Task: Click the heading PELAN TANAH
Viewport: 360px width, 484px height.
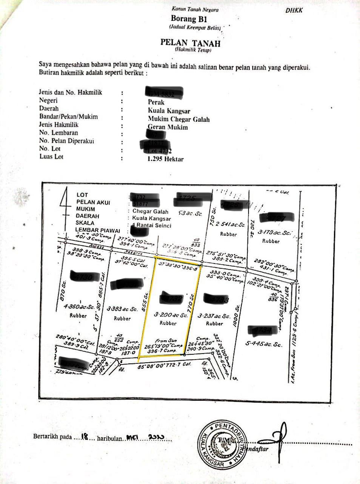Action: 190,42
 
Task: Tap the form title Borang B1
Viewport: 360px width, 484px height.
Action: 189,19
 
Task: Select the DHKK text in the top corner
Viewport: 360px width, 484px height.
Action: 294,10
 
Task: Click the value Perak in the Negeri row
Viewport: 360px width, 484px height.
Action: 156,102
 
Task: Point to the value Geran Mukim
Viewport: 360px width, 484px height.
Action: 167,127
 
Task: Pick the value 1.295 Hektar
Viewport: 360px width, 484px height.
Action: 165,159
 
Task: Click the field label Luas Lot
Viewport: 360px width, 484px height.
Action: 51,157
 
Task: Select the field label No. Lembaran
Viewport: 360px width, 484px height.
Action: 59,133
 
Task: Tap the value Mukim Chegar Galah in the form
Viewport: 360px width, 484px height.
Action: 178,119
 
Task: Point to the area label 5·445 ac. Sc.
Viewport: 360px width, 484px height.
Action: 264,344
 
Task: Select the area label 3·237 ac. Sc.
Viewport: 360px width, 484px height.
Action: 214,316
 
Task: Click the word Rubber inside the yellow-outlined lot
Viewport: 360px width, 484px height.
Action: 168,323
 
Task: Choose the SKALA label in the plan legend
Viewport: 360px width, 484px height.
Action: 85,223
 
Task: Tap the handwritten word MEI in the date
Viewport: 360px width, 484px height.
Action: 133,437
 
